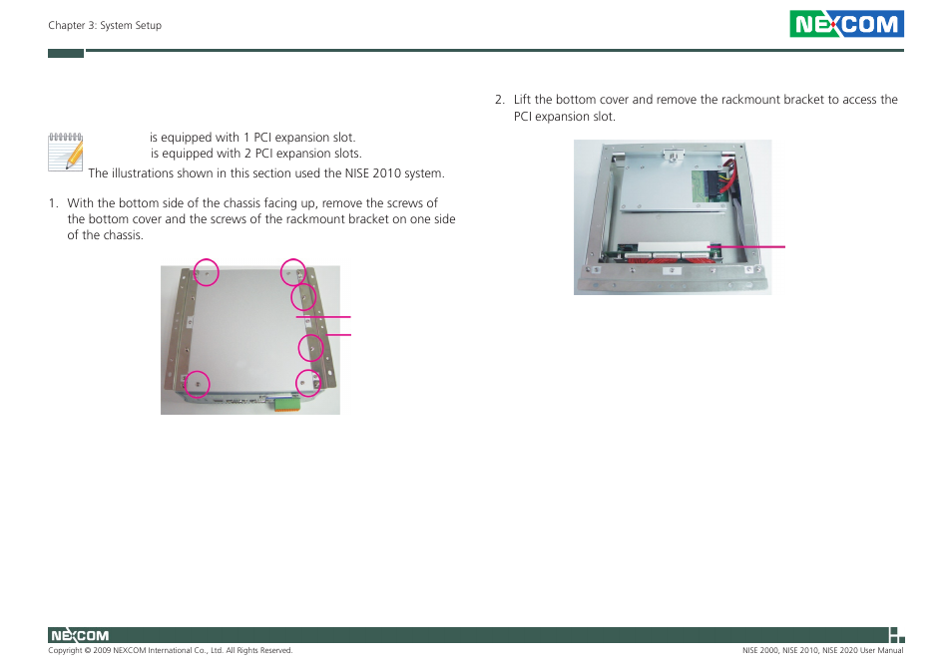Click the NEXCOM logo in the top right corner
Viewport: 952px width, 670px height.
click(846, 24)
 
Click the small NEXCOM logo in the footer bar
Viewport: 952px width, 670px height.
click(79, 635)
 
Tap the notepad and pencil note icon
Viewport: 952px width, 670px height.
click(65, 151)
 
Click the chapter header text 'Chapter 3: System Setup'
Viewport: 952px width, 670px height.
click(105, 26)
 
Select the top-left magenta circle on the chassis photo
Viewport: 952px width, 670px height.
click(206, 271)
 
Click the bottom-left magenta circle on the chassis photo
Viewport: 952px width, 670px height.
click(199, 384)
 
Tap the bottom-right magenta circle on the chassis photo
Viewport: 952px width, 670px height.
click(308, 381)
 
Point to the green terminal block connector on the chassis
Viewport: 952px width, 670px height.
click(284, 404)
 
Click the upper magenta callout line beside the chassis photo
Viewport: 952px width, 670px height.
click(323, 316)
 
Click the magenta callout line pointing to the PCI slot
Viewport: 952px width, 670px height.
click(745, 245)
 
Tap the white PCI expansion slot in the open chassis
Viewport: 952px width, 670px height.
click(659, 246)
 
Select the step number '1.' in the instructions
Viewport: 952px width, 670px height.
click(54, 203)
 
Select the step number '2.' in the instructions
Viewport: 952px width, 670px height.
click(500, 100)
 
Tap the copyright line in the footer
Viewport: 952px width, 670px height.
click(170, 651)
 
